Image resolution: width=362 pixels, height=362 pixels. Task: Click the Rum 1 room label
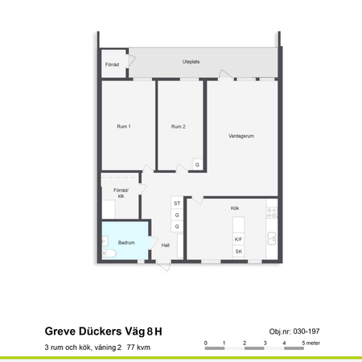point(123,127)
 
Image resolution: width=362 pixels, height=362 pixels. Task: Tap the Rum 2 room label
point(179,127)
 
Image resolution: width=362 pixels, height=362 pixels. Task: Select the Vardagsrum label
point(242,136)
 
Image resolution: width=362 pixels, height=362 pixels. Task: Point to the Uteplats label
point(191,61)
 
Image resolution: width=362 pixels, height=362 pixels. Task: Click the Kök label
point(235,208)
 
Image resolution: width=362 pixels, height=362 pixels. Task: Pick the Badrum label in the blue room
point(126,242)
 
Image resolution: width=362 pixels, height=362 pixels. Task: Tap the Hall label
point(165,245)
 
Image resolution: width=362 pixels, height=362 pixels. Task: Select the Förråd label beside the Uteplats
point(112,65)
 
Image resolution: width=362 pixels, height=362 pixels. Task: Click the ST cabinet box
point(177,204)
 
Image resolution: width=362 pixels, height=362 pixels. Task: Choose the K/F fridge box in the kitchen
point(239,240)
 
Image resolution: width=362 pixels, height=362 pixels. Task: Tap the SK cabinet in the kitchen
point(239,252)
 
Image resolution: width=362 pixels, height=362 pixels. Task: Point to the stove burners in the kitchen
point(272,213)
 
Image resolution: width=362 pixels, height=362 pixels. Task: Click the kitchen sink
point(273,238)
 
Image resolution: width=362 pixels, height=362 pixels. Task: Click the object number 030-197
point(295,331)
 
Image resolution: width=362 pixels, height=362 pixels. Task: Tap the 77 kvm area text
point(138,348)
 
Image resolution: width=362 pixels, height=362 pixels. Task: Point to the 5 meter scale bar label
point(311,343)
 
